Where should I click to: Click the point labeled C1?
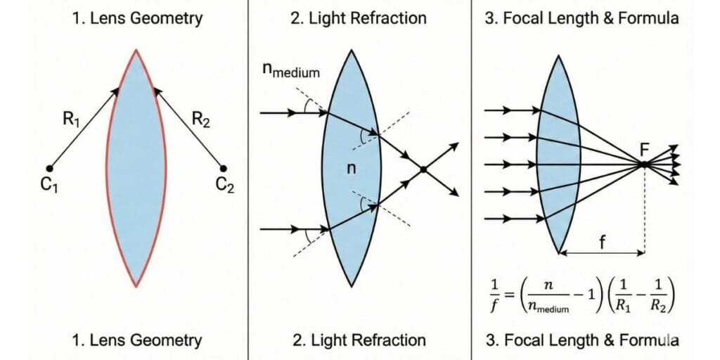click(49, 168)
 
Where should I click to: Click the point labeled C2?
click(224, 168)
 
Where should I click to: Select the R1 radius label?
click(71, 120)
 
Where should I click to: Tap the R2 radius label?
click(201, 120)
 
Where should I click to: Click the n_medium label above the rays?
click(290, 72)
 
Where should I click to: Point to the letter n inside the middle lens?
click(352, 169)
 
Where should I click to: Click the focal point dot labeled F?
click(643, 164)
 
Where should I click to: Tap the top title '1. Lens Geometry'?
click(136, 18)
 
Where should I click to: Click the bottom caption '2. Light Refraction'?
click(359, 340)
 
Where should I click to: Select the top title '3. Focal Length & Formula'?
click(582, 18)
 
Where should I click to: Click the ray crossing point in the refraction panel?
click(423, 169)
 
